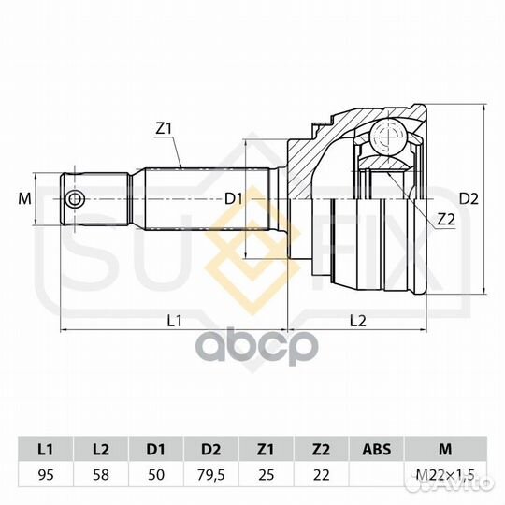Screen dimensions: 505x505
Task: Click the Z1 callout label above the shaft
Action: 165,129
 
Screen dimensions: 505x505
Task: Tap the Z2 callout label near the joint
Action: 446,220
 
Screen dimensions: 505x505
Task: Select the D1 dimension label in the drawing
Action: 233,199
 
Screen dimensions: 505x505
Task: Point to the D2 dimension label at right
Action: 469,198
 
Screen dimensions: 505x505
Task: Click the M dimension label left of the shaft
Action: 25,198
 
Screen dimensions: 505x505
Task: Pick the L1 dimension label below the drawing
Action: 174,321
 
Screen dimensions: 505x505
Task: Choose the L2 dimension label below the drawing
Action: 358,321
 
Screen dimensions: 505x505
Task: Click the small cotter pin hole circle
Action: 75,199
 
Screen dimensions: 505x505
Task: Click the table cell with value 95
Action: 46,475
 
